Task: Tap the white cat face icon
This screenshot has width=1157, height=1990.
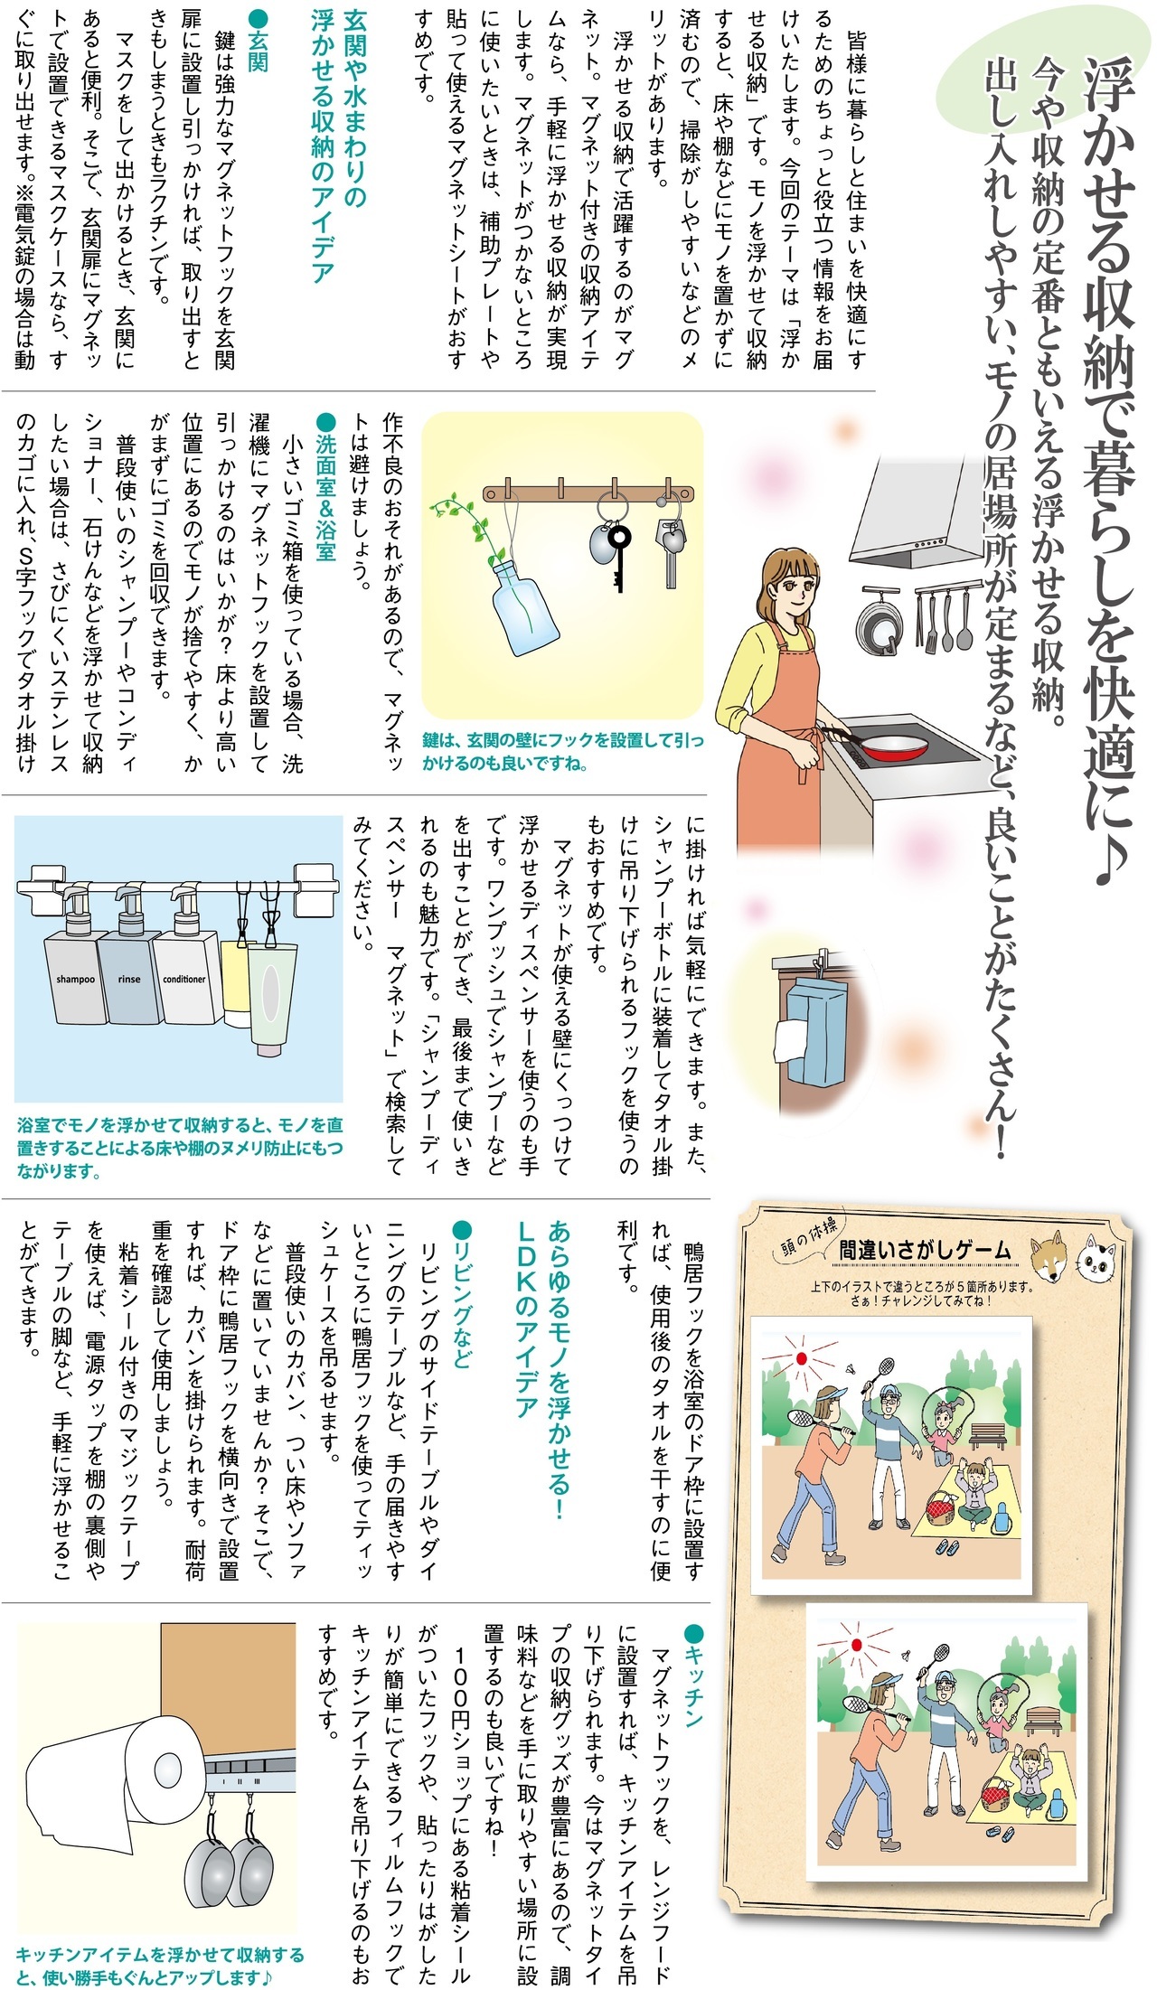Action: point(1096,1258)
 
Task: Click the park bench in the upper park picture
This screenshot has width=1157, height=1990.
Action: point(987,1433)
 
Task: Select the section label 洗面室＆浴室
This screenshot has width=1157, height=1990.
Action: point(325,488)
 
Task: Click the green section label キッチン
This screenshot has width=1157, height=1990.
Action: point(692,1676)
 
